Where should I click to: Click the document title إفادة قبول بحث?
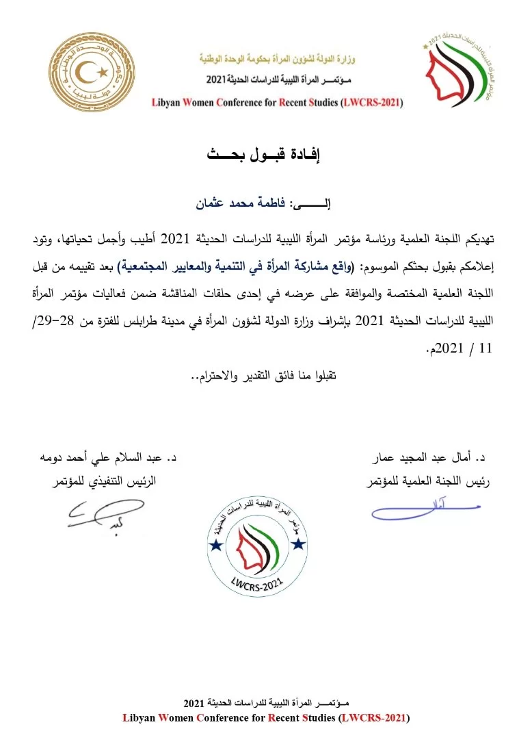(x=264, y=153)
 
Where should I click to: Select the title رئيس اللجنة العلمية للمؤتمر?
(x=428, y=481)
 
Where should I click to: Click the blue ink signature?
(x=424, y=510)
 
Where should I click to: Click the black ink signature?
(x=104, y=513)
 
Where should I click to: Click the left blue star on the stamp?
(x=215, y=545)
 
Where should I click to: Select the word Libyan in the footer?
(x=140, y=717)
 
